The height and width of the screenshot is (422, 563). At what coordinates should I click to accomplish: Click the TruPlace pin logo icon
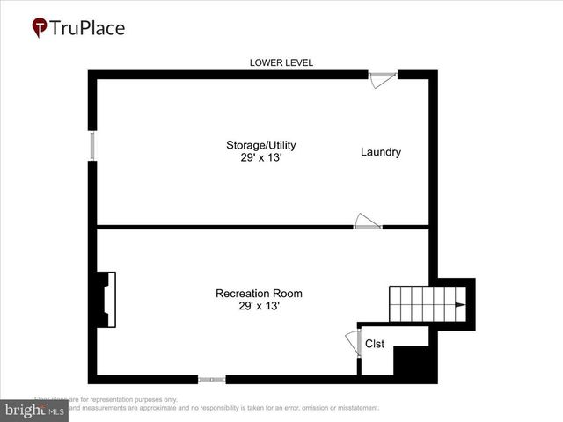pos(40,28)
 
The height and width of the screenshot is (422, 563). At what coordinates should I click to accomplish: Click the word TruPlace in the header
pos(87,28)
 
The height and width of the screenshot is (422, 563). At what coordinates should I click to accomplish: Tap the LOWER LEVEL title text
pos(281,62)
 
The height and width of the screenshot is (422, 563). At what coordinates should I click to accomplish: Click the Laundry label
pos(381,152)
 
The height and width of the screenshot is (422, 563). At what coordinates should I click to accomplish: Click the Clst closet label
pos(375,344)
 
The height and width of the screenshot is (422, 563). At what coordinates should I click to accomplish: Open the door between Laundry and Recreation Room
pos(368,223)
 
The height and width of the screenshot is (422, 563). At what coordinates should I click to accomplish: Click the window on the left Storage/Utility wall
pos(91,146)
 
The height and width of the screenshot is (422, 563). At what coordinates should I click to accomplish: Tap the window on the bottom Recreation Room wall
pos(212,380)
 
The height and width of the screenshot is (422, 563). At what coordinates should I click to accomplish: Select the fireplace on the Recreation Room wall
pos(105,300)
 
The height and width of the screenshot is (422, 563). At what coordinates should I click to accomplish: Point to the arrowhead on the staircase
pos(458,304)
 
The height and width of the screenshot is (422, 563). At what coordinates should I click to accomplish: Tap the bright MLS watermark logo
pos(34,410)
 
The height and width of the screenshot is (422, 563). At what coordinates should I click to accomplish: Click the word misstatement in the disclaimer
pos(353,408)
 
